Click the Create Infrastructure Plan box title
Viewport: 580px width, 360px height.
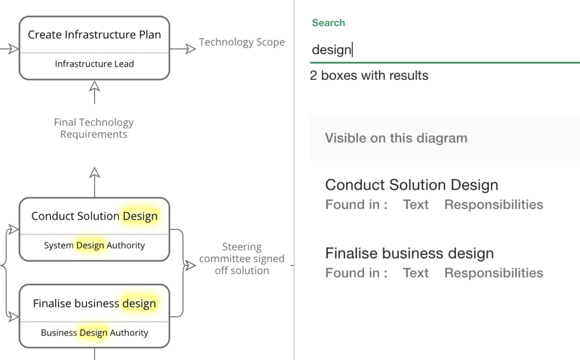[94, 35]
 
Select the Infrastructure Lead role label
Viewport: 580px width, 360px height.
[94, 64]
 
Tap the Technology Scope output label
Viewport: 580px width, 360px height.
[242, 42]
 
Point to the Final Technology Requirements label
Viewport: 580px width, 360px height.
[93, 128]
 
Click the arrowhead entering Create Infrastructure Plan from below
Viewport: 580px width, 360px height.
[95, 86]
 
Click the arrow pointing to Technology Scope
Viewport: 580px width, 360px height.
[190, 49]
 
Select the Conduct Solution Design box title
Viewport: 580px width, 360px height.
[94, 216]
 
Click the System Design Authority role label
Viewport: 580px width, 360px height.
[94, 246]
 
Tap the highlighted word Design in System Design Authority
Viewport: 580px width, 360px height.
[90, 246]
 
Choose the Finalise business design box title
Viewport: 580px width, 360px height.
[94, 303]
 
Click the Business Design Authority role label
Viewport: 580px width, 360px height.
[94, 333]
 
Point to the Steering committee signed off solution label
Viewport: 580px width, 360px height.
[242, 259]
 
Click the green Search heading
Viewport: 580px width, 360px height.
[329, 23]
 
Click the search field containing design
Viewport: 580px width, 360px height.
[442, 50]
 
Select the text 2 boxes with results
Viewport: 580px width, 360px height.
[369, 75]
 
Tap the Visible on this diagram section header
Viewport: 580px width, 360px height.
[396, 138]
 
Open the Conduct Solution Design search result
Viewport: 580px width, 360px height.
[411, 185]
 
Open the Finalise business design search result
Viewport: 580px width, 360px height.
[409, 254]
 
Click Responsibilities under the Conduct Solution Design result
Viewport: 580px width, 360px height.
[493, 205]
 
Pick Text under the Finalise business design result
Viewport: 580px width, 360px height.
[416, 273]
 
